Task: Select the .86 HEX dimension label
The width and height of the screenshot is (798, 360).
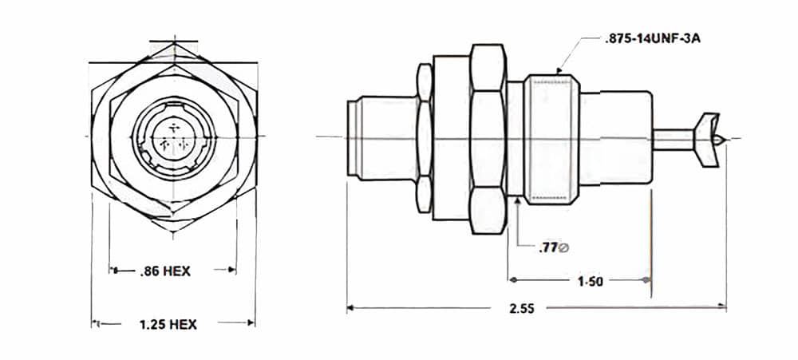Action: (x=164, y=271)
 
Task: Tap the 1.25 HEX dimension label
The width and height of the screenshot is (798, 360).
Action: (x=168, y=324)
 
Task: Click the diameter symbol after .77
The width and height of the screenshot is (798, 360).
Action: (x=564, y=248)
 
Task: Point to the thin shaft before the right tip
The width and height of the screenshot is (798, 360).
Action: (x=674, y=139)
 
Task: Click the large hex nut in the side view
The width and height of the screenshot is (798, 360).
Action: (x=488, y=139)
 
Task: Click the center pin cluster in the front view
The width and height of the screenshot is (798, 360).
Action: (x=174, y=136)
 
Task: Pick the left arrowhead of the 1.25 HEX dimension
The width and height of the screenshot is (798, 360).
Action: (x=97, y=324)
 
